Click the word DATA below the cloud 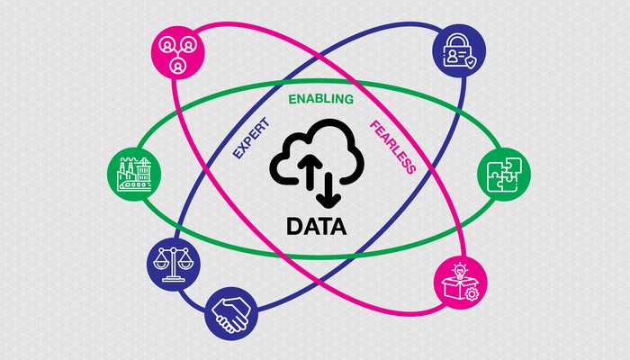coord(315,225)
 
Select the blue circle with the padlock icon coord(458,51)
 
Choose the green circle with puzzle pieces coord(499,171)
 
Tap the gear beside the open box coord(471,294)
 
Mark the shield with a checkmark coord(469,60)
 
